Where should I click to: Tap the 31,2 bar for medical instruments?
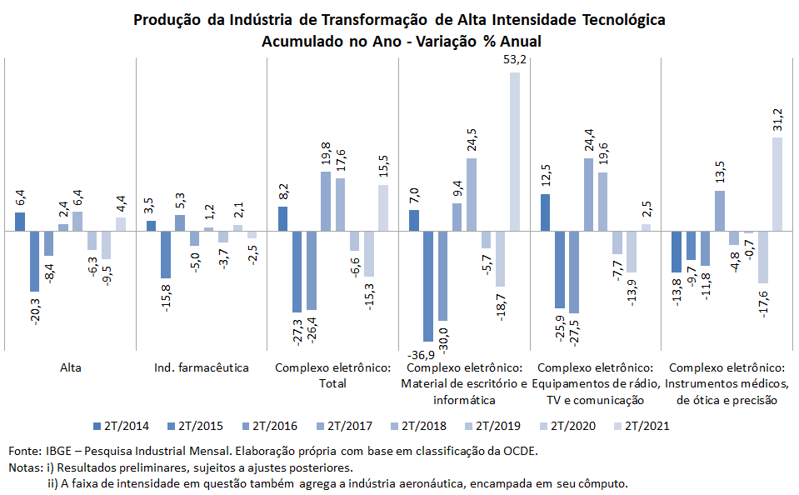coord(777,184)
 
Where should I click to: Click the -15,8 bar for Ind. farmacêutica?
coord(165,254)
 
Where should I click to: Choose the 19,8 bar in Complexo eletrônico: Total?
coord(326,201)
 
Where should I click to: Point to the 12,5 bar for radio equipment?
coord(545,212)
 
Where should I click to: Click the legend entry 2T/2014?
coord(122,426)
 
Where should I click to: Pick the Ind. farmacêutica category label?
coord(202,367)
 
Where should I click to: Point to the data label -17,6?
coord(763,302)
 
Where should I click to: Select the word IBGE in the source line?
coord(58,451)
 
